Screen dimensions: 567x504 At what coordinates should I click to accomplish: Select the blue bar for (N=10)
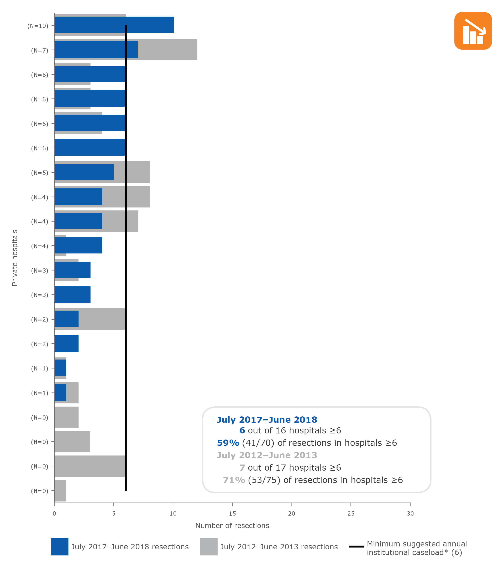click(x=114, y=25)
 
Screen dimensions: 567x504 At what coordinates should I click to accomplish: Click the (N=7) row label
click(x=39, y=50)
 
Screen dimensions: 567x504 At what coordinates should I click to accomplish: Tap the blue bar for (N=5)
click(x=84, y=172)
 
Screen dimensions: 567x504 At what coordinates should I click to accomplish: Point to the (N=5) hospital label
click(x=39, y=173)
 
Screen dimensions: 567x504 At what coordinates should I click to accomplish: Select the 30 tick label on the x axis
click(x=410, y=513)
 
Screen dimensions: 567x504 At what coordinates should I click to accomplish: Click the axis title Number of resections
click(x=232, y=526)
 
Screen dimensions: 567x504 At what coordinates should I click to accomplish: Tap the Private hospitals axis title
click(x=15, y=258)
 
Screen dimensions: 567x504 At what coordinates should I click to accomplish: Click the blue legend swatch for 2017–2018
click(x=59, y=546)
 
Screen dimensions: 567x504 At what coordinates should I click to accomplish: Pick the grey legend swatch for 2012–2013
click(x=209, y=546)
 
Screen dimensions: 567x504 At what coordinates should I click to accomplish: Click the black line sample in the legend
click(x=356, y=546)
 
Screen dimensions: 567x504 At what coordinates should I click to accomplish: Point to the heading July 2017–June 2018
click(x=267, y=420)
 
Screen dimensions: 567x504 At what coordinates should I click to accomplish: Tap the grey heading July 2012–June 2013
click(x=267, y=455)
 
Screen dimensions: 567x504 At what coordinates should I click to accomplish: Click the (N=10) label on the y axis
click(x=38, y=26)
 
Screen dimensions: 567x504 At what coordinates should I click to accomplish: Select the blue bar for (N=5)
click(x=84, y=172)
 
